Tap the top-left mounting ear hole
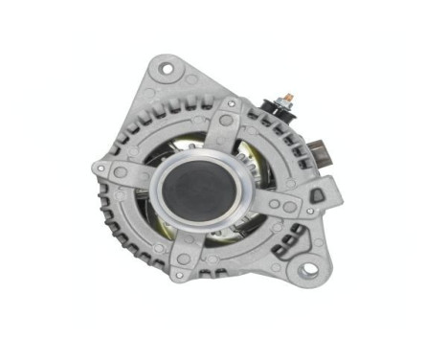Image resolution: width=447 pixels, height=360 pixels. (x=167, y=68)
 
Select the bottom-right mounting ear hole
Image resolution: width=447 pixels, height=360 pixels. (x=307, y=271)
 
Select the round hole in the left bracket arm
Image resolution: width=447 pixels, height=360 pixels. (x=122, y=172)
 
